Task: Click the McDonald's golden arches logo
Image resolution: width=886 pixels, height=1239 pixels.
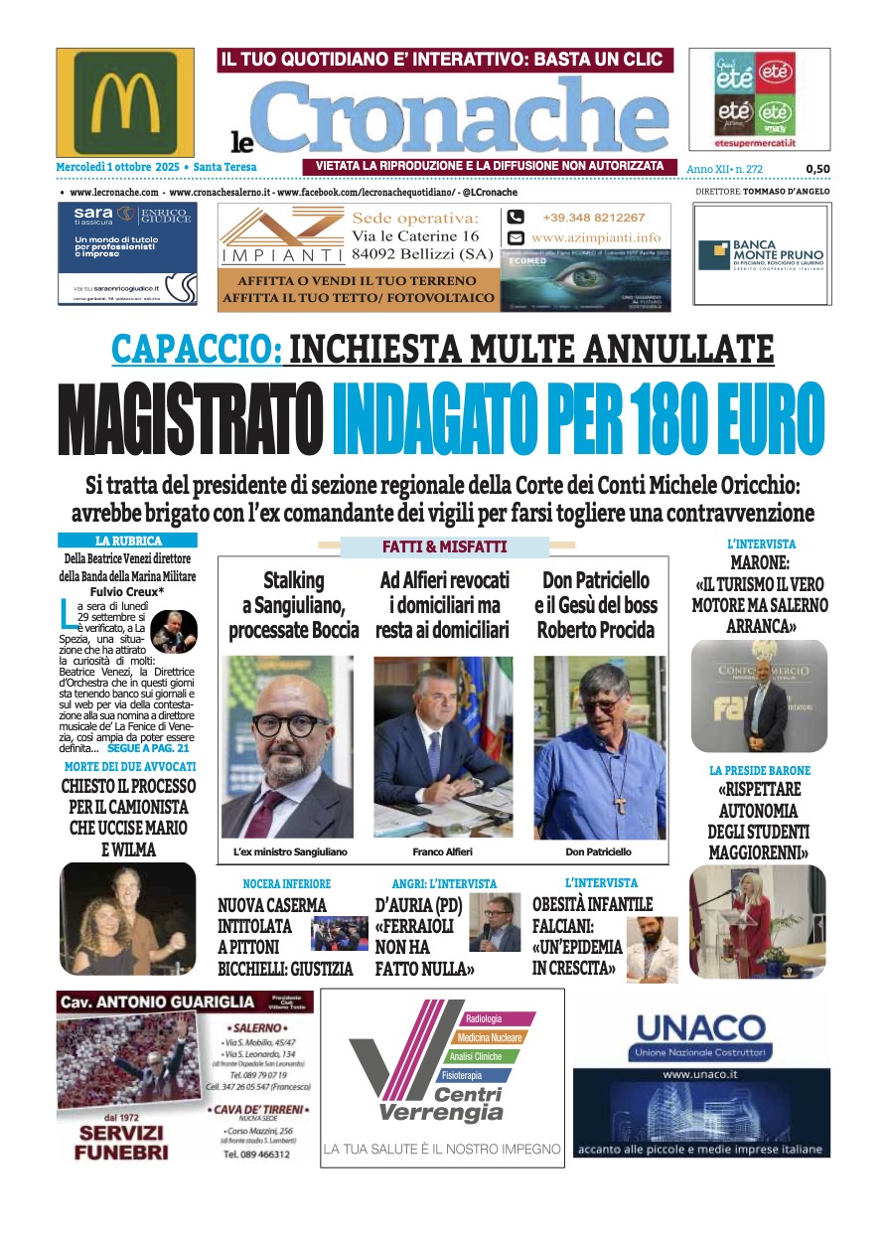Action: [125, 102]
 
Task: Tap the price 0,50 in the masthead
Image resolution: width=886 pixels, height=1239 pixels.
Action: [817, 169]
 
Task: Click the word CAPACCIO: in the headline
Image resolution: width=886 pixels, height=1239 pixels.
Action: [196, 349]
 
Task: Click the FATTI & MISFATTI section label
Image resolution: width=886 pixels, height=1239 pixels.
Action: [444, 546]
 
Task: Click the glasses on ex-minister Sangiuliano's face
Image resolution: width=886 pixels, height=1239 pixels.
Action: [291, 725]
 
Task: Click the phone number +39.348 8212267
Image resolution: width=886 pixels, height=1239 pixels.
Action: [593, 218]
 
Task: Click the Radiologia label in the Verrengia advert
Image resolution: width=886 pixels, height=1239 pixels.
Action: [485, 1019]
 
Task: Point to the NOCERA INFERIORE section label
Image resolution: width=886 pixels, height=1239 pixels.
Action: [286, 883]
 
